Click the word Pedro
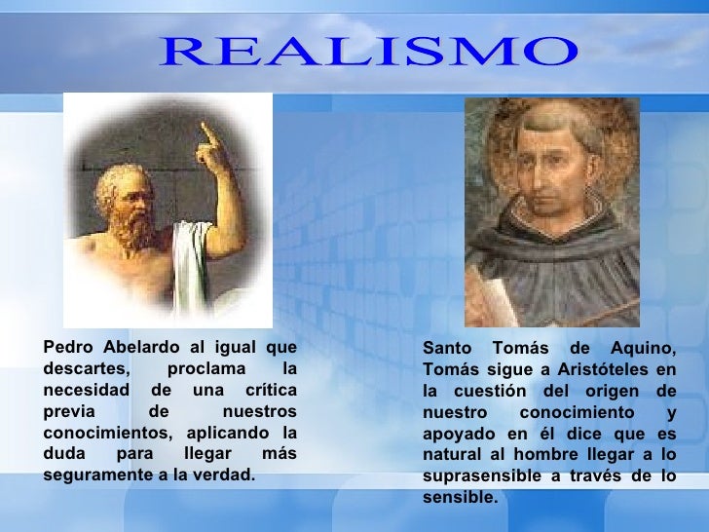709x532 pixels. point(66,348)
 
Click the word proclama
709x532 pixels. point(202,369)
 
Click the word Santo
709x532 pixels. point(448,349)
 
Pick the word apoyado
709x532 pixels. point(457,434)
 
